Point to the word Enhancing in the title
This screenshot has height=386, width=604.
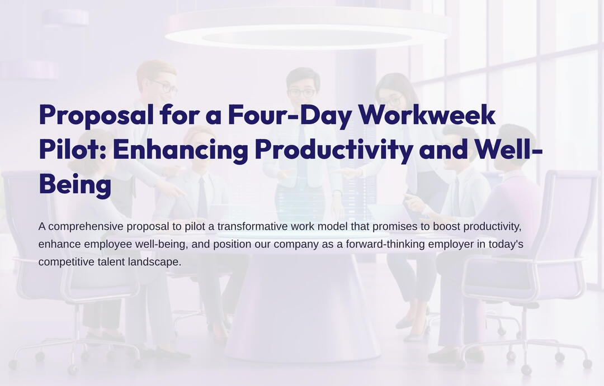pyautogui.click(x=181, y=150)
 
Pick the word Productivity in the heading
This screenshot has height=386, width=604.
pyautogui.click(x=333, y=150)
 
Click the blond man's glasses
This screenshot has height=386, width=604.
pyautogui.click(x=166, y=87)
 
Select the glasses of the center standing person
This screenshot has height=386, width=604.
pyautogui.click(x=302, y=93)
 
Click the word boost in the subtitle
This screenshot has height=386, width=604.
pyautogui.click(x=446, y=226)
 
